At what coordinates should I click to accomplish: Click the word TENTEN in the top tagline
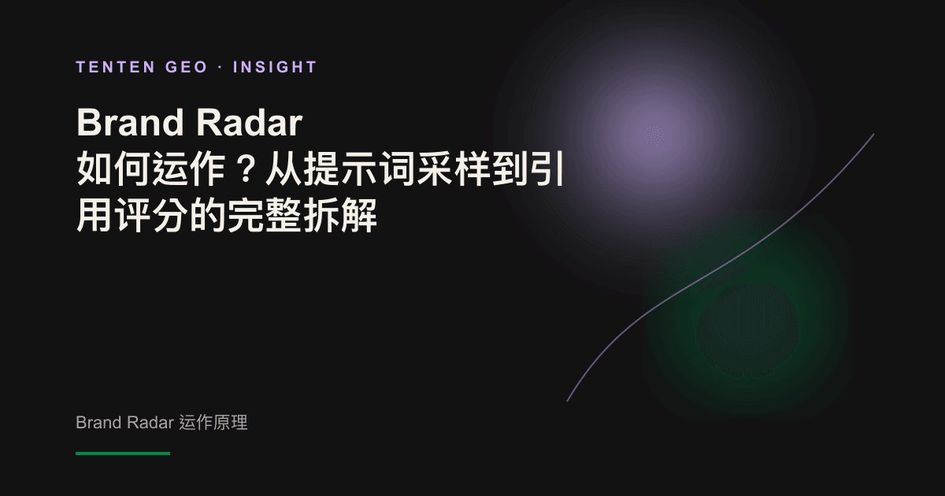[116, 67]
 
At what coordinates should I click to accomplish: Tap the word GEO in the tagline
[186, 67]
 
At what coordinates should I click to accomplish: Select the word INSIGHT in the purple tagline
[275, 67]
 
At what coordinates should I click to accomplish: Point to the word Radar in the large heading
[250, 122]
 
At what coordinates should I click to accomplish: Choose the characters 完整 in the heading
[264, 215]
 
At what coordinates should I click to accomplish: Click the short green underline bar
[123, 453]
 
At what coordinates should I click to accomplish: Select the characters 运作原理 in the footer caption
[213, 422]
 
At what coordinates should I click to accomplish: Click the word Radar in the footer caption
[150, 422]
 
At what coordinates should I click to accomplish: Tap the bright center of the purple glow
[654, 135]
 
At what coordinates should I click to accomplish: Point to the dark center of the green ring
[747, 331]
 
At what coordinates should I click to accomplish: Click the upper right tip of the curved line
[873, 135]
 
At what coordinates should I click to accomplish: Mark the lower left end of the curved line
[567, 401]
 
